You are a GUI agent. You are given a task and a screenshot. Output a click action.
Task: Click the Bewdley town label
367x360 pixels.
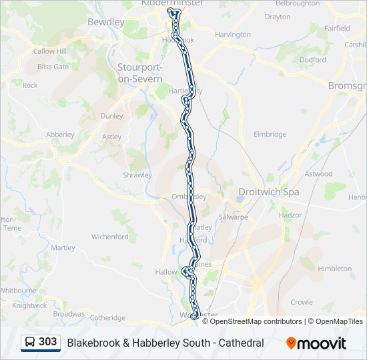(106, 22)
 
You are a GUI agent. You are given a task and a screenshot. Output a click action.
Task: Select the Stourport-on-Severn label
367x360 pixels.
(139, 73)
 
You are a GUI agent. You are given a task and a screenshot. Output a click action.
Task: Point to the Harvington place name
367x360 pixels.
(232, 34)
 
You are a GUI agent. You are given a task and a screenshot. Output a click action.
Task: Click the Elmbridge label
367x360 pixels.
(270, 134)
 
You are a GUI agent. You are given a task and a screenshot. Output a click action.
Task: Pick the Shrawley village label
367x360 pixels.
(137, 175)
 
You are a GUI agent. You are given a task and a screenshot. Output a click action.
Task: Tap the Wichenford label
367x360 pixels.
(110, 237)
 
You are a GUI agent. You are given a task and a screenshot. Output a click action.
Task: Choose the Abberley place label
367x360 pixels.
(60, 134)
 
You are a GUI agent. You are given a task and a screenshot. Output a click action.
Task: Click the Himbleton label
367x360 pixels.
(335, 269)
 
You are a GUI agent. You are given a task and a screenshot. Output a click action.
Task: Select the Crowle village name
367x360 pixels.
(301, 302)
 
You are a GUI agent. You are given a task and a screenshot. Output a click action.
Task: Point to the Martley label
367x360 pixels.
(63, 247)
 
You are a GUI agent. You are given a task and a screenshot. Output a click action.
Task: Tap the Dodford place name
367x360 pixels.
(312, 59)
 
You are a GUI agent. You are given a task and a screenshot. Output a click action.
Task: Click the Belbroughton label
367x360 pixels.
(297, 3)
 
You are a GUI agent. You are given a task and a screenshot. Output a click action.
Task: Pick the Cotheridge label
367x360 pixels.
(107, 317)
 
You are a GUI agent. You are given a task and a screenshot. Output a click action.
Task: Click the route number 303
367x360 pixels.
(47, 342)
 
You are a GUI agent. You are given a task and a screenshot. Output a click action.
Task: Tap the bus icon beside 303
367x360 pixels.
(30, 343)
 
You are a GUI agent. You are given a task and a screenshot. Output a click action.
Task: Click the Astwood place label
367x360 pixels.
(318, 174)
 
